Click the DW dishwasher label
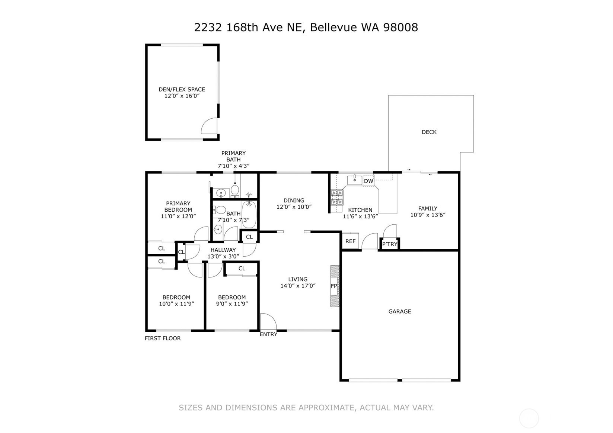[x=368, y=181]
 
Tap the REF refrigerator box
[x=351, y=241]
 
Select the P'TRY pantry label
[x=390, y=244]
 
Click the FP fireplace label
[x=334, y=286]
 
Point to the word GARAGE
[x=400, y=311]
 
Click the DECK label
[x=429, y=132]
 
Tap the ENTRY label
[x=268, y=334]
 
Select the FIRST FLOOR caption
[x=163, y=339]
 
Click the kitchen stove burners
[x=337, y=198]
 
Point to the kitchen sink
[x=355, y=180]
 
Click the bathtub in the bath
[x=249, y=214]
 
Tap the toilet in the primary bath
[x=235, y=191]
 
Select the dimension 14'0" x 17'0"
[x=298, y=286]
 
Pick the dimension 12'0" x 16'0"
[x=182, y=96]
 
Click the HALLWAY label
[x=223, y=250]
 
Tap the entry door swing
[x=268, y=321]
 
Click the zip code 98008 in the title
[x=400, y=28]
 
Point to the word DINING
[x=294, y=201]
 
